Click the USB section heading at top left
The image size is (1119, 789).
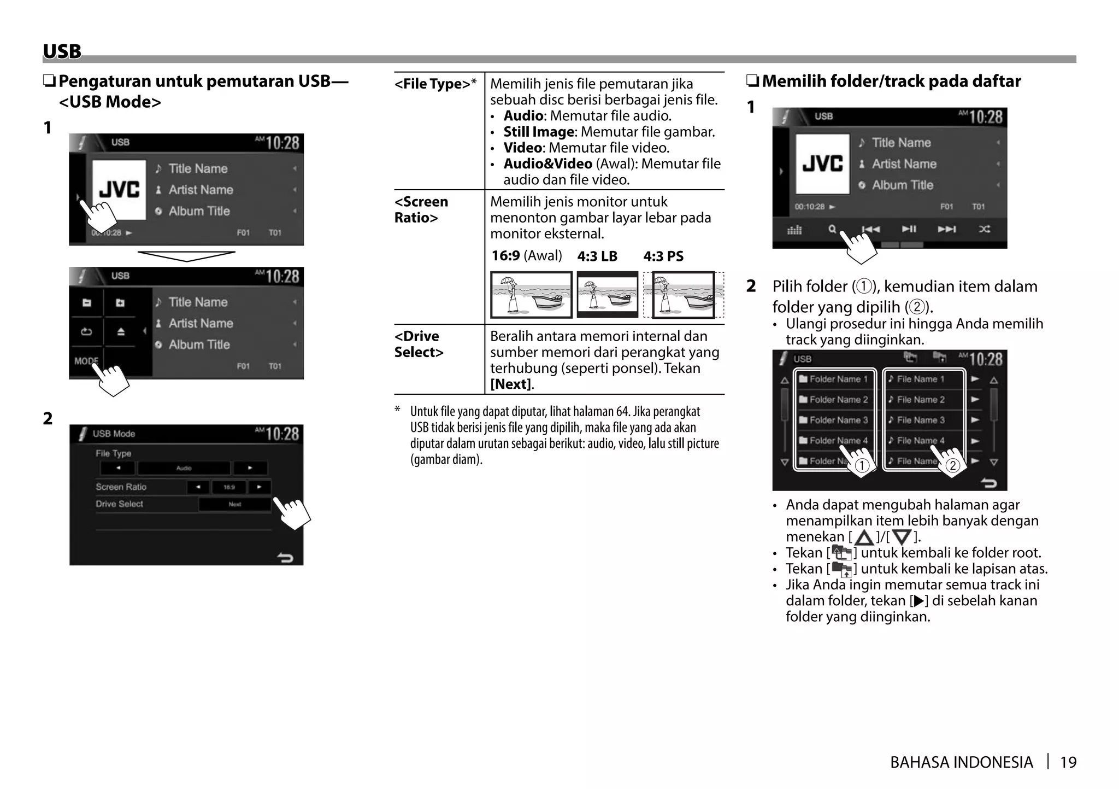62,51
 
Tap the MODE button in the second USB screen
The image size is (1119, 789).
86,361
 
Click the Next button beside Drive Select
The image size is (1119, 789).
234,504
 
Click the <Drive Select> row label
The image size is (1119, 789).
419,344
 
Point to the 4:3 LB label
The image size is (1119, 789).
597,256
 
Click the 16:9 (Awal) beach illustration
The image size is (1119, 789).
531,295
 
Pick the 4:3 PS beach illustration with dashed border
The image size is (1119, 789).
683,295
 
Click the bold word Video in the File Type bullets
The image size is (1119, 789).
522,148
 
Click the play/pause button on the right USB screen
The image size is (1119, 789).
909,229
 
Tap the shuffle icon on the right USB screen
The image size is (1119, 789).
984,229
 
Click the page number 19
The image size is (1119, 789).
1068,762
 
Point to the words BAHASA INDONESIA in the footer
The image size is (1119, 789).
961,762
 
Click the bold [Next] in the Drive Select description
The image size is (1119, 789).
510,384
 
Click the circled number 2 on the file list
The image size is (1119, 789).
952,465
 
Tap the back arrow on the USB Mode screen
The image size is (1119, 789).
285,557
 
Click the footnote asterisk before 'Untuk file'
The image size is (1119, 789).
398,410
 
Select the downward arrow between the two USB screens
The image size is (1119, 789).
186,256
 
